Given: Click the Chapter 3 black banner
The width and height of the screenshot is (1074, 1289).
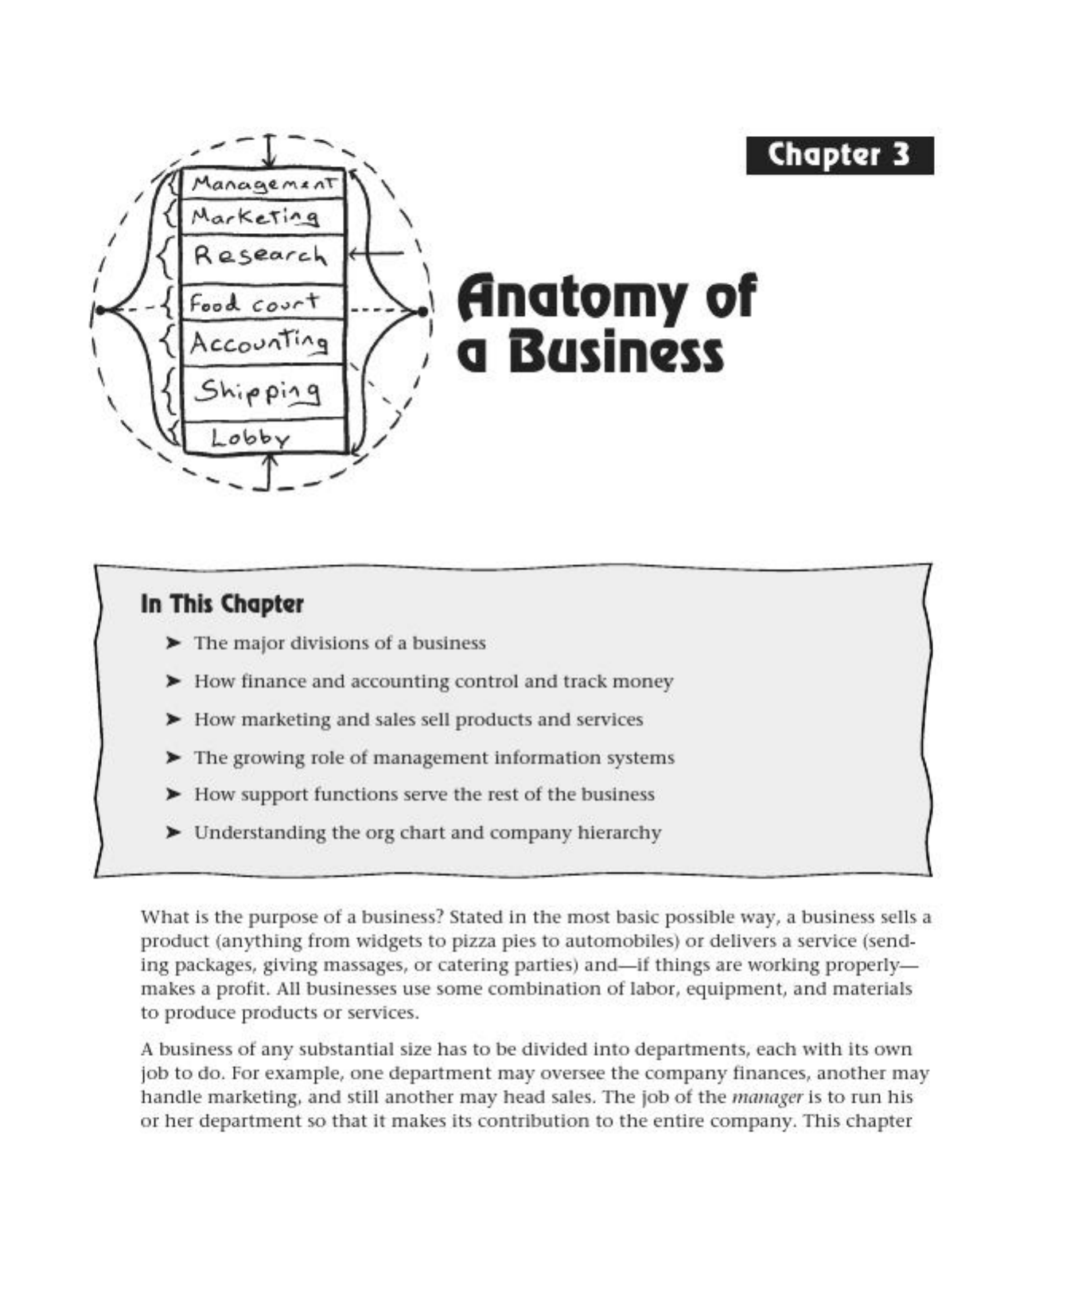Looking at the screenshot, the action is point(839,155).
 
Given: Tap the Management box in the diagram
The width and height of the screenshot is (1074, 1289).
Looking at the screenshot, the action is point(263,184).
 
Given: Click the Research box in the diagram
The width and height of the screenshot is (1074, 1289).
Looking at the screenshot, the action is point(263,256).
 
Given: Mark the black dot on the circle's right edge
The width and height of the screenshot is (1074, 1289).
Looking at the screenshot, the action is point(422,310).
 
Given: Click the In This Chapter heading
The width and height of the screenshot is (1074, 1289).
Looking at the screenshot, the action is point(222,604).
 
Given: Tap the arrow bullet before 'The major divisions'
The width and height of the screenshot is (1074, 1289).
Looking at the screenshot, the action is point(173,643).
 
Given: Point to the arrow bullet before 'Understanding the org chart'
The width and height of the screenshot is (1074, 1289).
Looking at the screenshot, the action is point(173,832).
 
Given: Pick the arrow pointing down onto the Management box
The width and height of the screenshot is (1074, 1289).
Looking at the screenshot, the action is point(270,152).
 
